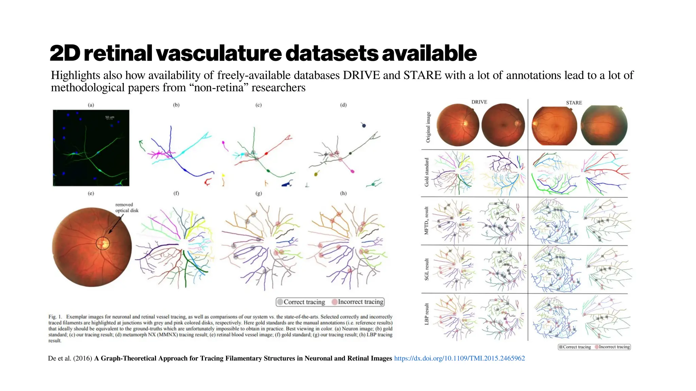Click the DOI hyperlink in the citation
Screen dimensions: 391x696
pos(459,358)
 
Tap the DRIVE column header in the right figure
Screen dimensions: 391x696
pos(479,102)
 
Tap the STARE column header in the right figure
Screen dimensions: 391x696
pos(574,103)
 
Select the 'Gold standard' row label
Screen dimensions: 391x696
pos(427,172)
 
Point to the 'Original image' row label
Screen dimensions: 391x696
pos(428,127)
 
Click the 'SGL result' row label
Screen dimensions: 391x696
pos(427,269)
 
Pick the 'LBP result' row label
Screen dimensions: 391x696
pos(427,314)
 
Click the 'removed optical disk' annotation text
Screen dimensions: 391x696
pos(126,207)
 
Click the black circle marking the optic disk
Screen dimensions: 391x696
pos(103,243)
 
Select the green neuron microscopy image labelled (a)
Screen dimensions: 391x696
pos(91,148)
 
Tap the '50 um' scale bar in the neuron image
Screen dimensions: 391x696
pos(109,118)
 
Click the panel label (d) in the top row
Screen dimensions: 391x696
pos(343,105)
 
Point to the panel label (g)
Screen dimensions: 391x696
pos(259,193)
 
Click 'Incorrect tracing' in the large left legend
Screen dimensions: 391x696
pos(360,302)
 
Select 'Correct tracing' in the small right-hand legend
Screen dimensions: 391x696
pos(577,347)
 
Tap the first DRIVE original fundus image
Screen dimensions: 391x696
pos(457,125)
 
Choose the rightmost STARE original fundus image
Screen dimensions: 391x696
pos(604,125)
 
